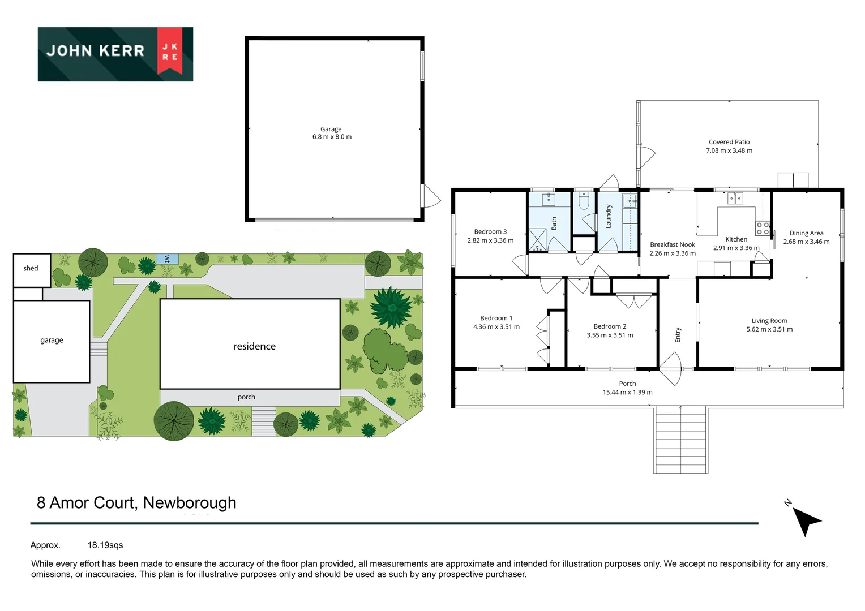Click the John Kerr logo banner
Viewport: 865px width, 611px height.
coord(115,54)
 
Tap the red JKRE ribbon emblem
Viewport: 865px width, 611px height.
coord(170,51)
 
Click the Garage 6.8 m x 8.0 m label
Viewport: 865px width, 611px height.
coord(332,133)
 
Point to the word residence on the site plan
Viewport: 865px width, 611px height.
coord(255,346)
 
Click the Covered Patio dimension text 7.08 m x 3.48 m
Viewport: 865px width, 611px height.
coord(729,150)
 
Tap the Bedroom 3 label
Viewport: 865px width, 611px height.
coord(490,232)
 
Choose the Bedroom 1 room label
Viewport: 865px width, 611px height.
coord(496,319)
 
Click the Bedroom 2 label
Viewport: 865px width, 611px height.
coord(610,326)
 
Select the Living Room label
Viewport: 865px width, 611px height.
coord(769,321)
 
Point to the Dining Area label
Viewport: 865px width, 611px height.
coord(806,233)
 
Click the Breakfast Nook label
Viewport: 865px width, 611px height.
coord(673,245)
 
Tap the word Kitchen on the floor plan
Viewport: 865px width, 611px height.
coord(736,239)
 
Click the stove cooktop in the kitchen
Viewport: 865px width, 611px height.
coord(763,229)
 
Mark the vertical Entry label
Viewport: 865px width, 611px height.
coord(678,335)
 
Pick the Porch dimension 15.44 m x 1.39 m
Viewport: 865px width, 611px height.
coord(627,392)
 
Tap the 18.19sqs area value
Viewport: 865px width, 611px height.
coord(105,545)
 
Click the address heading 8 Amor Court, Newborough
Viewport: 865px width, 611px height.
coord(136,503)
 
